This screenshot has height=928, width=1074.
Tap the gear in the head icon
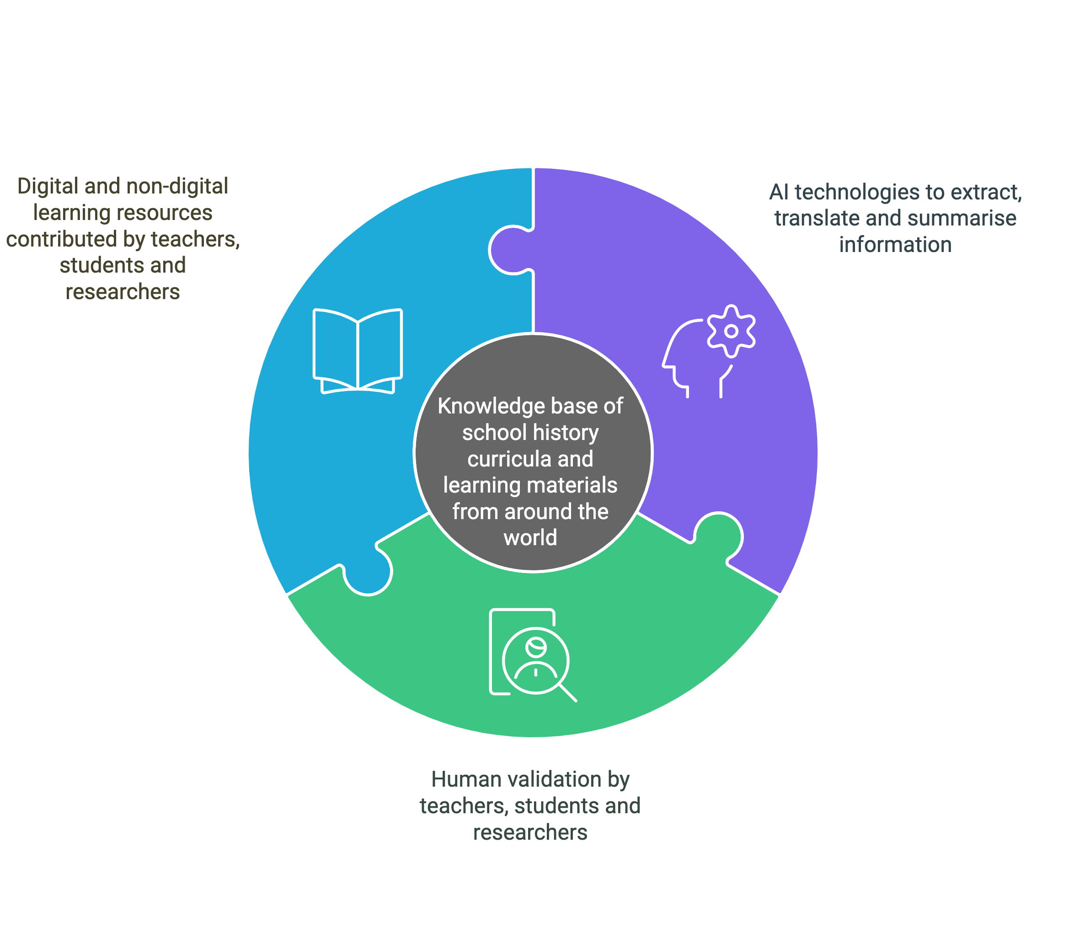coord(731,331)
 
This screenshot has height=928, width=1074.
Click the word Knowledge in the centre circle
coord(485,406)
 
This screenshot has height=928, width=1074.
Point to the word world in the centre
coord(530,537)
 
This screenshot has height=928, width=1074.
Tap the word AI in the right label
coord(779,193)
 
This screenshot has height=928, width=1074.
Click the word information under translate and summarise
coord(895,245)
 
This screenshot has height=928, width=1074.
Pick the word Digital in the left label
coord(48,186)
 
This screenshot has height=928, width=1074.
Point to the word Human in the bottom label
coord(465,779)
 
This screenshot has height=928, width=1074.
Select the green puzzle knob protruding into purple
coord(719,536)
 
